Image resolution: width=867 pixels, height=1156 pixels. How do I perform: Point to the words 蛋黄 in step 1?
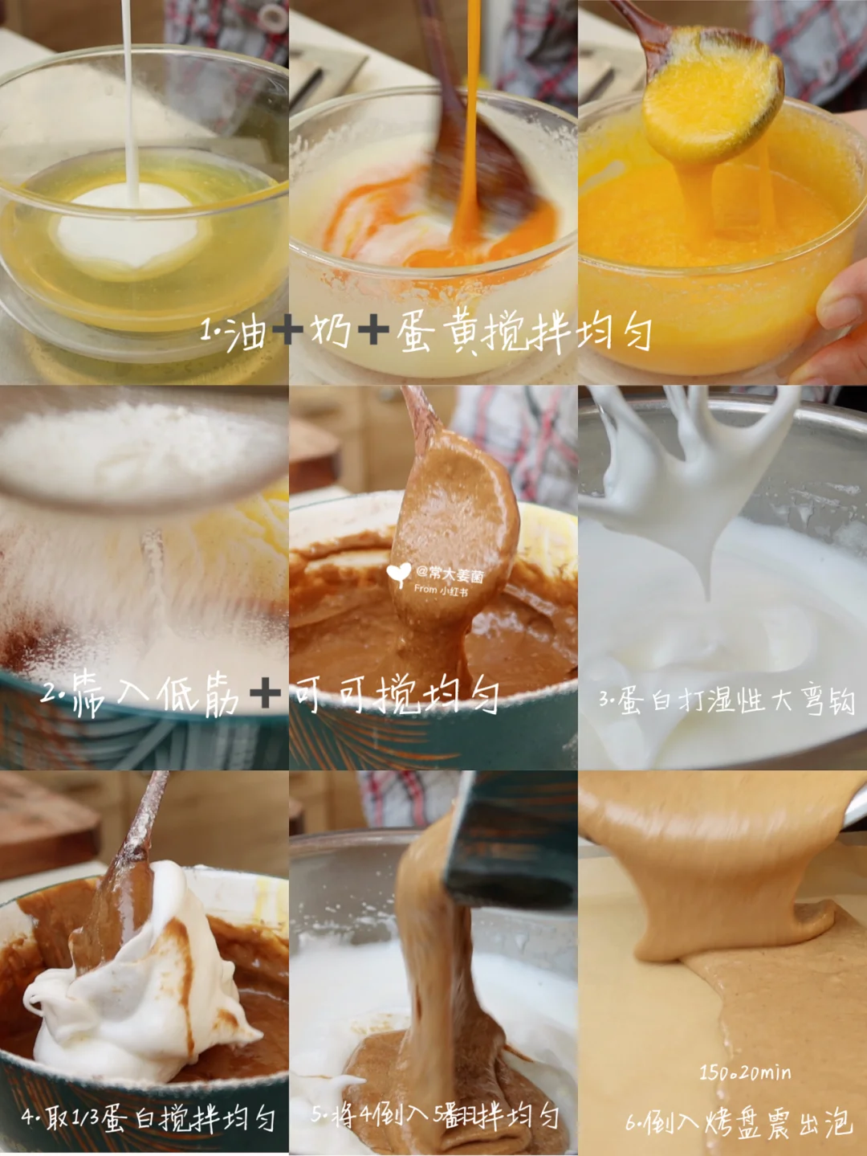pyautogui.click(x=438, y=333)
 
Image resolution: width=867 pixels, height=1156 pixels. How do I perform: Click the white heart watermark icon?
pyautogui.click(x=399, y=575)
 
